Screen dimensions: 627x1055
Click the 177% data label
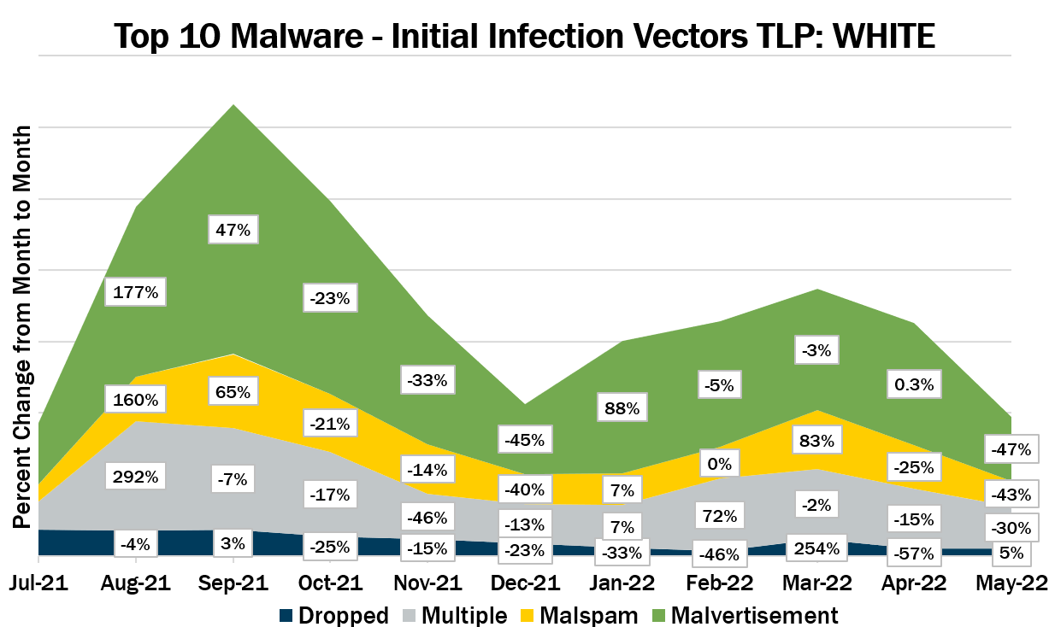click(x=136, y=292)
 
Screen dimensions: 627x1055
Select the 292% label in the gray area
click(x=136, y=477)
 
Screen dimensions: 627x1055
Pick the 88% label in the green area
click(x=622, y=408)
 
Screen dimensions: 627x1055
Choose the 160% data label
click(x=136, y=399)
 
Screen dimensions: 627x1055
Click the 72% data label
click(x=719, y=516)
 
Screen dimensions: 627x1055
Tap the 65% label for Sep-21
click(x=233, y=393)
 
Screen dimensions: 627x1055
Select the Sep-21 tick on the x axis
click(x=233, y=583)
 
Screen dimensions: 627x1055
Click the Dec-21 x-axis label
click(x=525, y=583)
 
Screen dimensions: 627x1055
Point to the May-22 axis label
click(x=1011, y=583)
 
